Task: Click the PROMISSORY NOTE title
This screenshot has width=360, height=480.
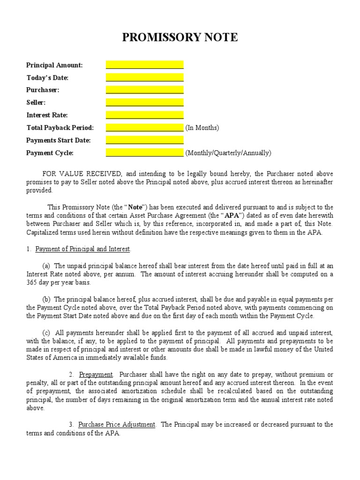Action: pos(180,37)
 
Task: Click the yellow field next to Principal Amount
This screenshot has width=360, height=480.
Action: pos(144,65)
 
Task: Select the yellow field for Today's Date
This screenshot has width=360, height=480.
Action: pos(144,78)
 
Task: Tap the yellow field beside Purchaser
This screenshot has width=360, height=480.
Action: pos(144,90)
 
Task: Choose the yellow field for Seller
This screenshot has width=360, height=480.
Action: pos(144,103)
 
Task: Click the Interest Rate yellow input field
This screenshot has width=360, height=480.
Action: pos(144,115)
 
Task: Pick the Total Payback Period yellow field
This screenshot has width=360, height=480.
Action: pos(144,127)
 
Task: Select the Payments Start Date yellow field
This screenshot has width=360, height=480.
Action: pos(144,140)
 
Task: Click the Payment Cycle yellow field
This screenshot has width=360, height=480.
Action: pos(144,153)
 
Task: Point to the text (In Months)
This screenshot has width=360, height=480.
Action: pos(202,128)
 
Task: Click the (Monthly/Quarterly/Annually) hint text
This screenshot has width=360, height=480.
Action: pos(228,153)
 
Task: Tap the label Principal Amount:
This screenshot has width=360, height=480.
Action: pos(54,65)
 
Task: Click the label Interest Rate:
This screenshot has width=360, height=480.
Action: pos(47,115)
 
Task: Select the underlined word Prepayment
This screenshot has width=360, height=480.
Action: pos(96,375)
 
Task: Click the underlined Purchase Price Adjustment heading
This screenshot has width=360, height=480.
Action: pos(116,425)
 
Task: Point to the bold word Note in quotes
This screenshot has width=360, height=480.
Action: pos(135,207)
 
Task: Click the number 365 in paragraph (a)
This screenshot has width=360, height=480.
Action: pos(31,283)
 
